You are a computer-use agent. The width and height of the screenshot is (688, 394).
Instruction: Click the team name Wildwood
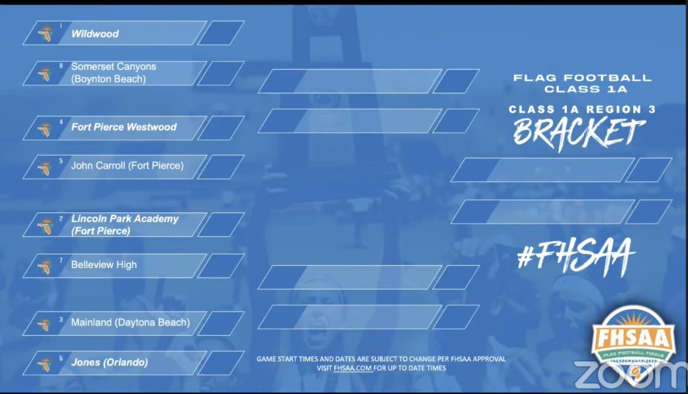pyautogui.click(x=95, y=34)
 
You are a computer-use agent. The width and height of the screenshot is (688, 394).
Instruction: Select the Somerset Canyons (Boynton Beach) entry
pyautogui.click(x=114, y=73)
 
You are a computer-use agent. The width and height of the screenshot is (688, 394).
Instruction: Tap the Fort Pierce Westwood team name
pyautogui.click(x=124, y=127)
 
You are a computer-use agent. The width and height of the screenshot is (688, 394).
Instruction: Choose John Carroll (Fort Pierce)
pyautogui.click(x=127, y=166)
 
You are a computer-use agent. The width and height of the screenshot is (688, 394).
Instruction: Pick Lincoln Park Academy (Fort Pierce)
pyautogui.click(x=125, y=225)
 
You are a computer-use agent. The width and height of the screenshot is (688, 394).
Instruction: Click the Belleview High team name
pyautogui.click(x=104, y=265)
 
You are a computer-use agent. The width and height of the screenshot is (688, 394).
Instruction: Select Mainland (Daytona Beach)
pyautogui.click(x=130, y=322)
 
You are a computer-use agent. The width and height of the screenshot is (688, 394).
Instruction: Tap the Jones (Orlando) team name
pyautogui.click(x=110, y=362)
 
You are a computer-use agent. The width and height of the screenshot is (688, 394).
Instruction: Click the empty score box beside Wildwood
pyautogui.click(x=221, y=33)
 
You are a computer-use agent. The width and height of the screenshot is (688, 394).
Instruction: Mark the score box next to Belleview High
pyautogui.click(x=221, y=266)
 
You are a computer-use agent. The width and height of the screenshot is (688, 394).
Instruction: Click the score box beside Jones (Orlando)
pyautogui.click(x=221, y=363)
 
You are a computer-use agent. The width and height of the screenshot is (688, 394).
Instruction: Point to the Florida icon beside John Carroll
pyautogui.click(x=45, y=168)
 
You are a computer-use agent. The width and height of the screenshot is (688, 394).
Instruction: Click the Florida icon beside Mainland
pyautogui.click(x=45, y=325)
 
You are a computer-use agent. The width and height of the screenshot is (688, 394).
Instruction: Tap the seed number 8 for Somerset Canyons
pyautogui.click(x=61, y=66)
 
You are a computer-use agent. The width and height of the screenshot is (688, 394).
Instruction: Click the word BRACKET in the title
pyautogui.click(x=576, y=133)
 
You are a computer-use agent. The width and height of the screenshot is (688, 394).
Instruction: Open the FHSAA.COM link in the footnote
pyautogui.click(x=352, y=368)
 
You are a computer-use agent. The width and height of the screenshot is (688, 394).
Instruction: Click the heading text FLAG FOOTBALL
pyautogui.click(x=583, y=78)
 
